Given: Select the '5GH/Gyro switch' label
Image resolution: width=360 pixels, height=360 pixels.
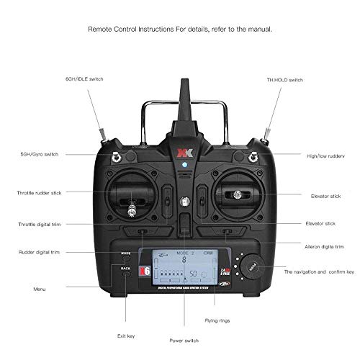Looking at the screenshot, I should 40,154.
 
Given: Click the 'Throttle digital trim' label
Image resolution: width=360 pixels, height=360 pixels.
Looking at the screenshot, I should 42,225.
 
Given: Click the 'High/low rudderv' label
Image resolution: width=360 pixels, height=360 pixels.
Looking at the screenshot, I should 318,154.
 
